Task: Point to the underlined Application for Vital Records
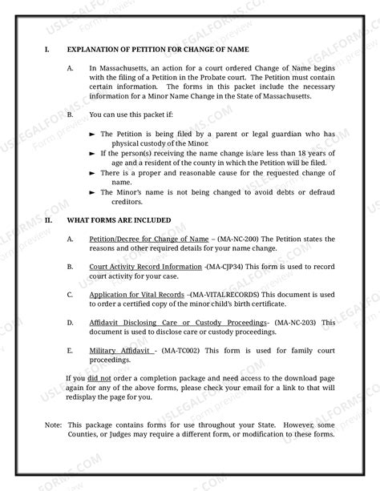tap(135, 295)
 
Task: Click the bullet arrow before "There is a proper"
tap(93, 173)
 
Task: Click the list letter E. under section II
tap(71, 351)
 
